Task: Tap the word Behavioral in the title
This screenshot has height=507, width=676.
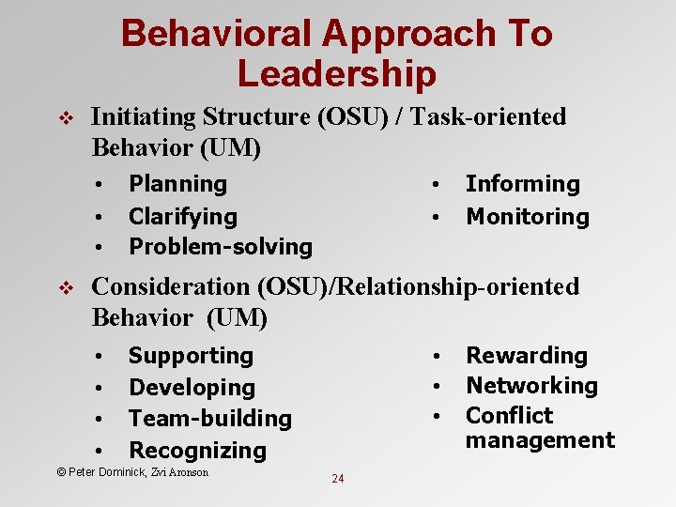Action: pos(215,34)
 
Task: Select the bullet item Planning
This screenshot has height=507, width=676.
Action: pos(177,184)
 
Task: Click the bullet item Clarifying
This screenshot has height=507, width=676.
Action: pos(182,217)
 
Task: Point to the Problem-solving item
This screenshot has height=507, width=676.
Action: pos(220,247)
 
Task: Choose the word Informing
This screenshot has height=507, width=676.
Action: pos(523,184)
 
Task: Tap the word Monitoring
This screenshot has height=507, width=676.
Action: pos(528,217)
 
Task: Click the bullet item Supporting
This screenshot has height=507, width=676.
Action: pos(191,356)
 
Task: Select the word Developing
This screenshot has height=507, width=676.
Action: pos(192,388)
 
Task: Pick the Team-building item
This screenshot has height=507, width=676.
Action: pos(210,419)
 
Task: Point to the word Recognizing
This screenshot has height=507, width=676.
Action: pos(197,451)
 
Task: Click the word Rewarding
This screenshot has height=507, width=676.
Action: pos(527,356)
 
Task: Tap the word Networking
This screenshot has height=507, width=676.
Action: pos(531,386)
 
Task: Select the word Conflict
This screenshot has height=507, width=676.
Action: pos(510,416)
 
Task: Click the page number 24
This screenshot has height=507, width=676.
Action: pos(338,479)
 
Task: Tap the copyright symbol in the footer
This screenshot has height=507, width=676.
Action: pos(61,472)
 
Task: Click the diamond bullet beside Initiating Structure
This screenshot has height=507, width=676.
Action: pos(64,118)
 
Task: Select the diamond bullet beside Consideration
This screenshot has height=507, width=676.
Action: pos(64,287)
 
